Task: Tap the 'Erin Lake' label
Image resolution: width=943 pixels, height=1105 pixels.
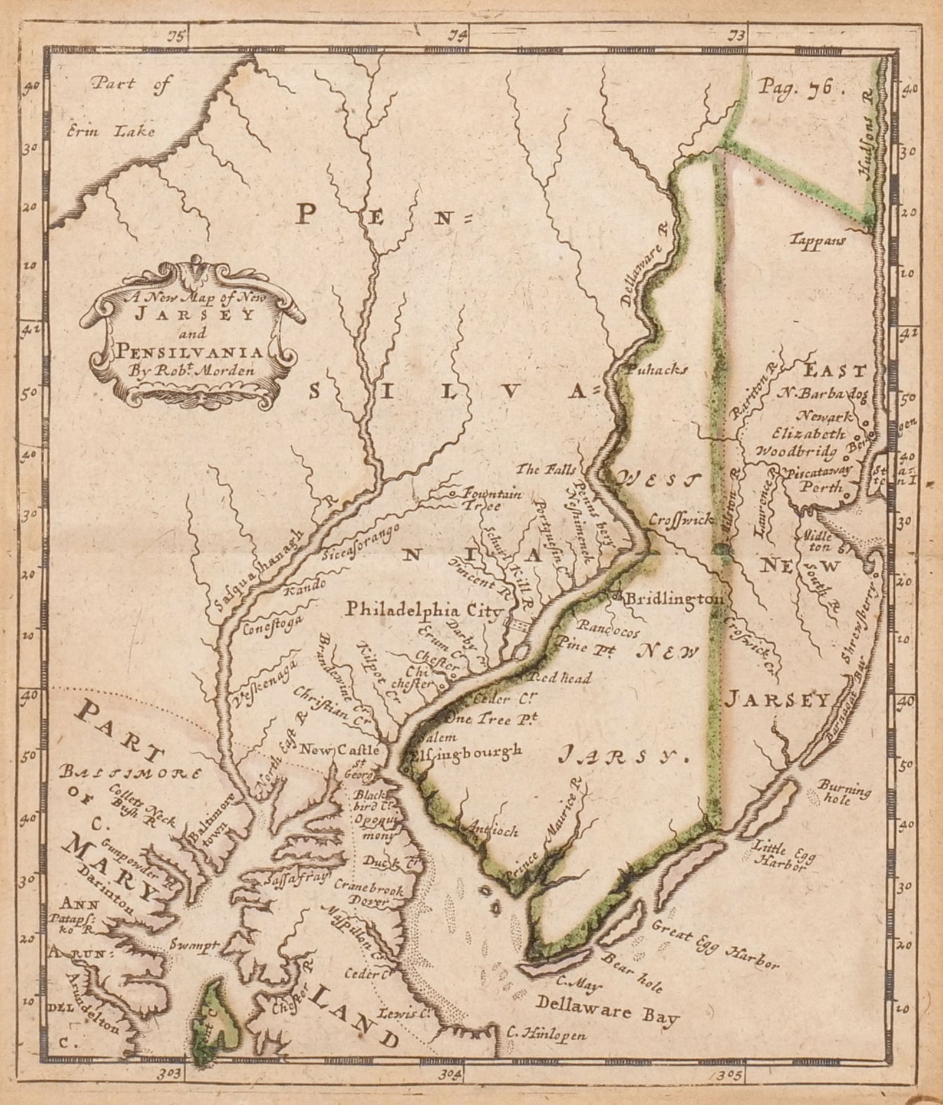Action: pos(111,131)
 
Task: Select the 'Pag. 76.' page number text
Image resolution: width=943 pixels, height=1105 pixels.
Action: pos(794,88)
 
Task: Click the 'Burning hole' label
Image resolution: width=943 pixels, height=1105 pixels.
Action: pos(843,790)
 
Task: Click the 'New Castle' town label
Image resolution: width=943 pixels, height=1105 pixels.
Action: pos(344,751)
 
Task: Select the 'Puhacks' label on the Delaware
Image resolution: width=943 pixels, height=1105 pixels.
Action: pos(657,370)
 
